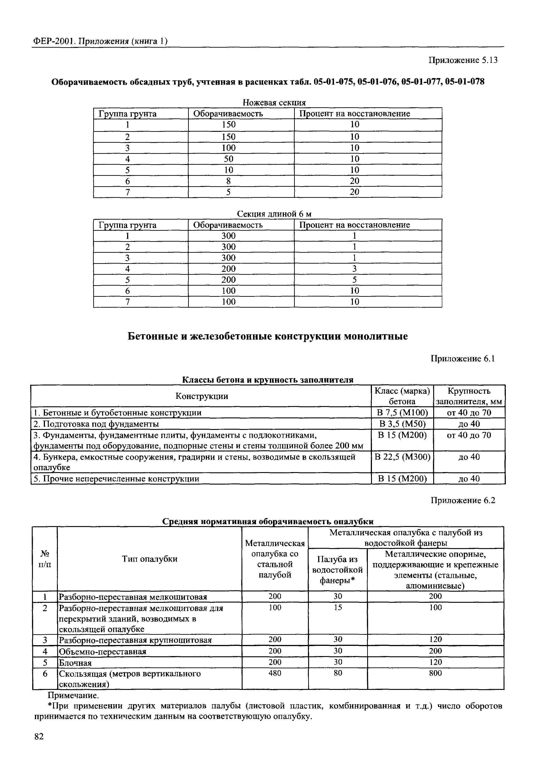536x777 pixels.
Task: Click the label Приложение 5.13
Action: (x=462, y=60)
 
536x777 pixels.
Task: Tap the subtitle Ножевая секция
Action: (x=274, y=102)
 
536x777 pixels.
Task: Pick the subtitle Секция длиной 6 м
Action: (x=274, y=214)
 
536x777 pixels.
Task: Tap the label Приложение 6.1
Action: (x=463, y=359)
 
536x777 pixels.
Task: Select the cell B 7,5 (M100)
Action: (x=402, y=412)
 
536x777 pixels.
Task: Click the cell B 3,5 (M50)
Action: (x=402, y=424)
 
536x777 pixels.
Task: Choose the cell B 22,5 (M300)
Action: (x=402, y=457)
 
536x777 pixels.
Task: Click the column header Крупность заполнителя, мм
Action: (x=469, y=396)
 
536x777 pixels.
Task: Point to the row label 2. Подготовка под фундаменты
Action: (x=96, y=424)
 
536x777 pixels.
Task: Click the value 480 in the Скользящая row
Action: (x=275, y=673)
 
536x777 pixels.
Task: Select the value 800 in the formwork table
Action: (x=435, y=673)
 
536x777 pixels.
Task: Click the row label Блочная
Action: (x=75, y=663)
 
